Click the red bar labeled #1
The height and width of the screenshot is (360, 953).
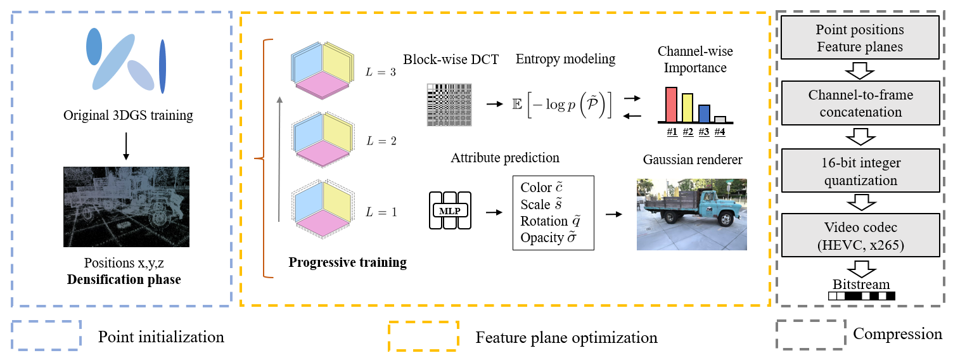click(671, 104)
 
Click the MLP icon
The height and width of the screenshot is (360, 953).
click(450, 210)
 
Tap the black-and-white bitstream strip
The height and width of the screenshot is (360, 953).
click(861, 295)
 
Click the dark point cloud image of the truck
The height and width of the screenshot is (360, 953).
click(126, 207)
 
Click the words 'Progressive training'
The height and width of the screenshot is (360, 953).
click(347, 262)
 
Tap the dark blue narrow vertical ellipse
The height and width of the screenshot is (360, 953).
click(163, 66)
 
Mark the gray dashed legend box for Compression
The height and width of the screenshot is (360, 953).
click(810, 335)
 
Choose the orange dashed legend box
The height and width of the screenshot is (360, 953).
click(423, 335)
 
